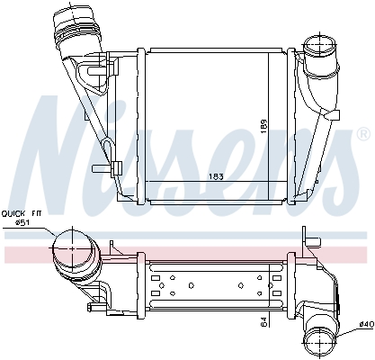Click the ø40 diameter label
tap(365, 323)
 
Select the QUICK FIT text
tap(20, 214)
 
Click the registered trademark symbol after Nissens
tap(362, 134)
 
